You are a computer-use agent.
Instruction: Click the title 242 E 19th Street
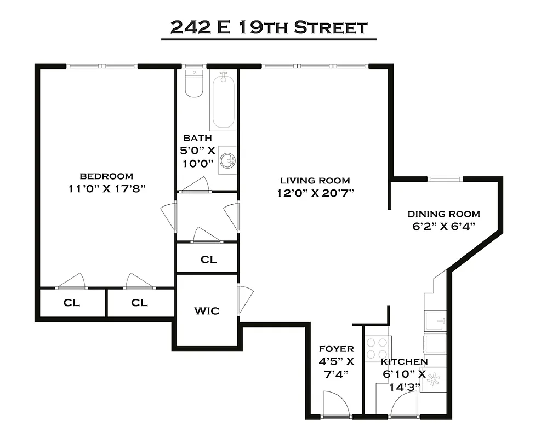click(x=269, y=27)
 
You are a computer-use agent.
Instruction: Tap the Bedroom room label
click(x=106, y=176)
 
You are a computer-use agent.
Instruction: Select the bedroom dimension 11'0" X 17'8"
click(x=106, y=188)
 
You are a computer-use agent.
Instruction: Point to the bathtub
click(x=223, y=101)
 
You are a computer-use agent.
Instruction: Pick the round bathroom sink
click(x=228, y=160)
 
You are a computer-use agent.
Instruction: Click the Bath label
click(x=197, y=138)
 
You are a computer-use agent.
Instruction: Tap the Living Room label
click(x=315, y=181)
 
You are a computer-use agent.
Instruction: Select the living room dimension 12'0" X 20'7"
click(x=315, y=193)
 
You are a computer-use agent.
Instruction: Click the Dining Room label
click(x=443, y=214)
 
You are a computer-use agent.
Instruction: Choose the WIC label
click(x=207, y=311)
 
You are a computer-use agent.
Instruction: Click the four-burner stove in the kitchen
click(x=378, y=348)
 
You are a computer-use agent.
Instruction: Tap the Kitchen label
click(x=405, y=362)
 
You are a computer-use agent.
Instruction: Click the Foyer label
click(x=337, y=349)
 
